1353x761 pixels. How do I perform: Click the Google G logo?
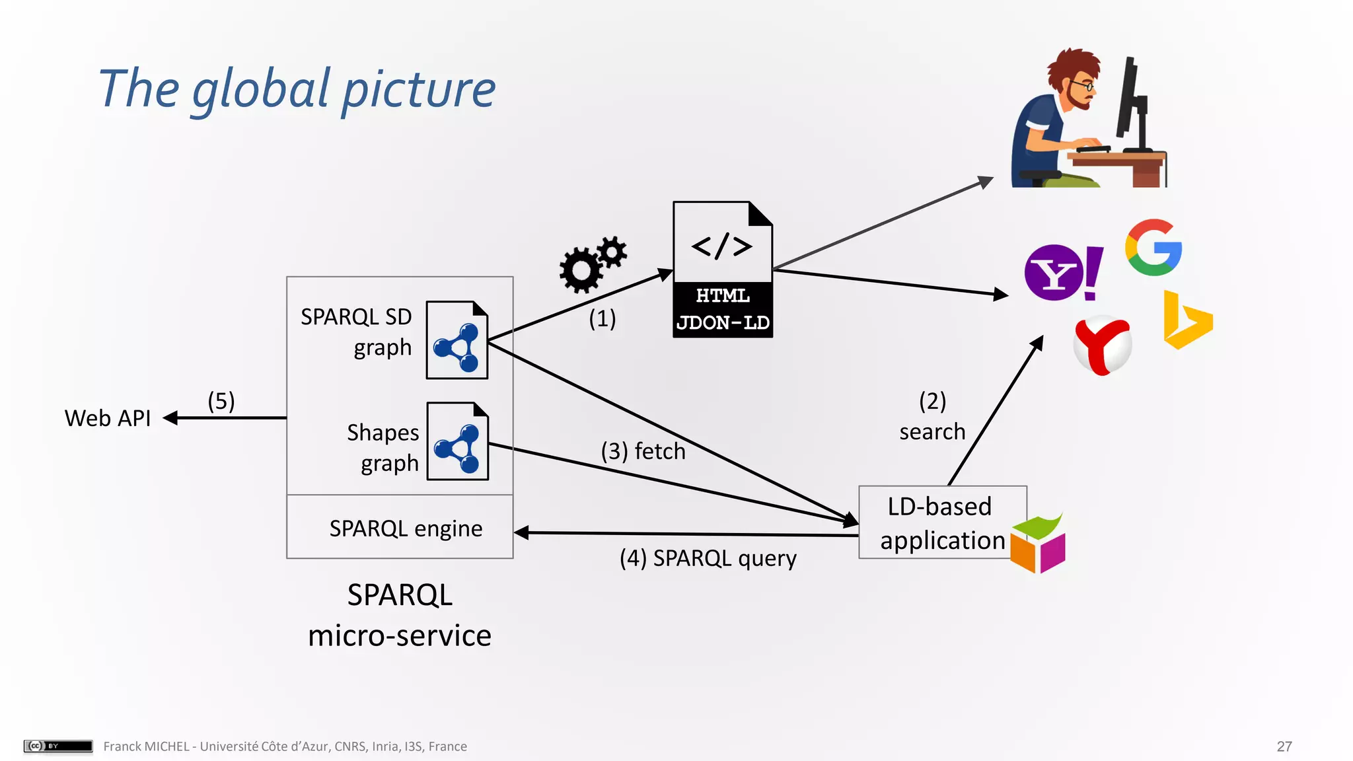(x=1153, y=248)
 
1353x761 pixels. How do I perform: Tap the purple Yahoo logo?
(x=1062, y=272)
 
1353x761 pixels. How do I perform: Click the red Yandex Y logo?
(x=1102, y=345)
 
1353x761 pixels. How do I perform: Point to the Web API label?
(x=108, y=418)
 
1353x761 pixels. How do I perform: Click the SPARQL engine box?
(x=400, y=528)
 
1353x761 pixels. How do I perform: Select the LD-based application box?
(x=941, y=523)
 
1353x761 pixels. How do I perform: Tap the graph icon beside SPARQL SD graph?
(x=457, y=340)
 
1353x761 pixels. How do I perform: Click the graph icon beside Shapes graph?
(x=457, y=441)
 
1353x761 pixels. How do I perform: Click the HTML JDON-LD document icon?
(x=723, y=270)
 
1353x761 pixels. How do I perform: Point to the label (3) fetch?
(x=643, y=451)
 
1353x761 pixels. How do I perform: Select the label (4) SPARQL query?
(x=708, y=558)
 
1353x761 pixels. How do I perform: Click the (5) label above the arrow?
(x=221, y=401)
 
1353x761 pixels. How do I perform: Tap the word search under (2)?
(x=932, y=432)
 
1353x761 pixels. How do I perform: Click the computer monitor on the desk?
(x=1132, y=102)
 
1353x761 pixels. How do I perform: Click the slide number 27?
(x=1284, y=746)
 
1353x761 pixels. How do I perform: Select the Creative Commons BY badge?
(x=58, y=746)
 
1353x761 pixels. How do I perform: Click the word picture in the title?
(x=419, y=90)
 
